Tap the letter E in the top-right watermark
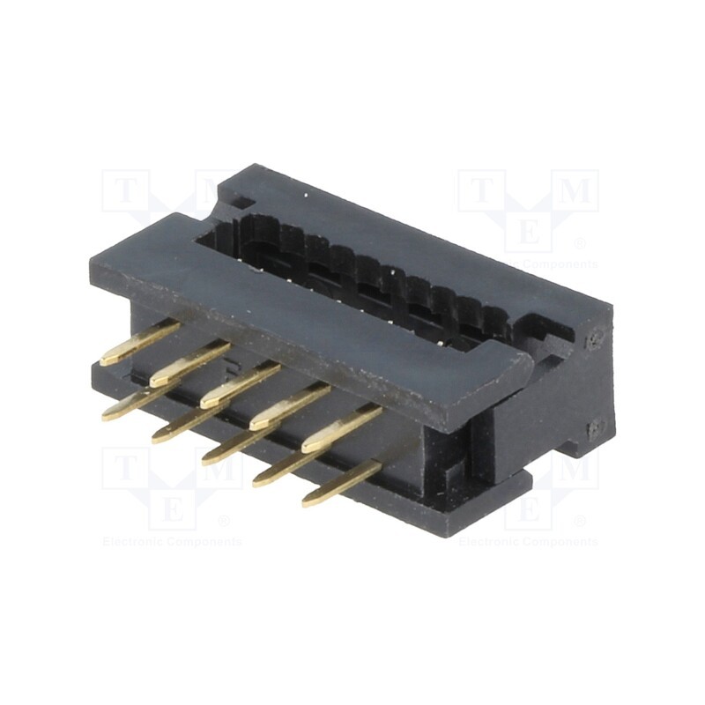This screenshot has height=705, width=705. [528, 234]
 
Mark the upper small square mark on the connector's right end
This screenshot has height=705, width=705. [597, 338]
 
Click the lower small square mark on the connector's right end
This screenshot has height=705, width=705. [597, 428]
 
